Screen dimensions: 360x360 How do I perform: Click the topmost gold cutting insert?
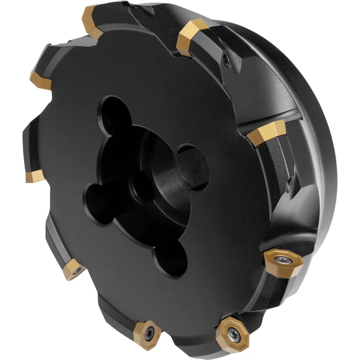tap(91, 19)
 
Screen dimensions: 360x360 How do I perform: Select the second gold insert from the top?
tap(191, 37)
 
